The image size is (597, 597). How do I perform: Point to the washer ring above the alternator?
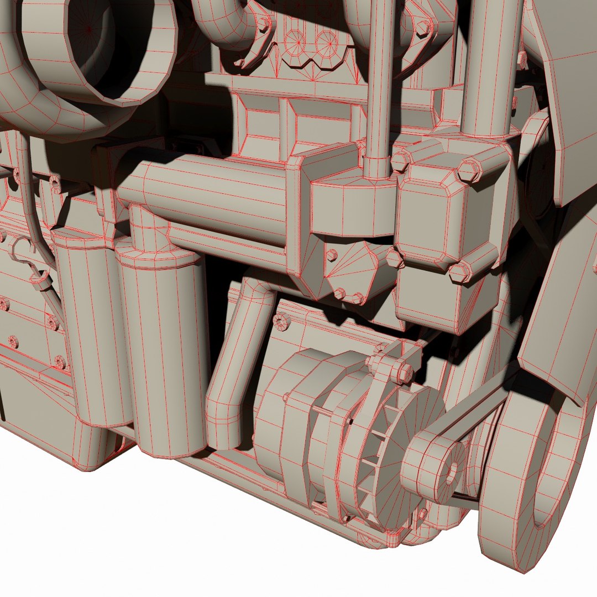coord(281,320)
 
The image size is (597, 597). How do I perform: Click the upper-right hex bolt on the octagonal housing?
coord(470,170)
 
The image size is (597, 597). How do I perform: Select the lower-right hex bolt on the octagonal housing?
coord(460,272)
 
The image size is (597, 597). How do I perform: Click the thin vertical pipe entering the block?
coord(379,83)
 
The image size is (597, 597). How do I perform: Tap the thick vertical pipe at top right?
coord(492,66)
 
